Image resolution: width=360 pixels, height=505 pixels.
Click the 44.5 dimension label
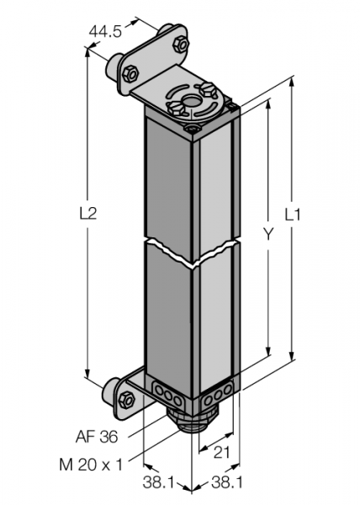pyautogui.click(x=105, y=32)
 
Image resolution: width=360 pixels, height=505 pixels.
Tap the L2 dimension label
pyautogui.click(x=88, y=213)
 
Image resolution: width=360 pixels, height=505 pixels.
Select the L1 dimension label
pyautogui.click(x=293, y=215)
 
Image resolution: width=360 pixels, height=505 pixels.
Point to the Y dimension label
pyautogui.click(x=267, y=233)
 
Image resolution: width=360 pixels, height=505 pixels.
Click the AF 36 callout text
pyautogui.click(x=97, y=437)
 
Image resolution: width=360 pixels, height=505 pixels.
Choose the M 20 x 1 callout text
pyautogui.click(x=91, y=465)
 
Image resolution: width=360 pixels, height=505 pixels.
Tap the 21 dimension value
pyautogui.click(x=222, y=453)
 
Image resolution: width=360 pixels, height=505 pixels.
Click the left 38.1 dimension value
pyautogui.click(x=159, y=483)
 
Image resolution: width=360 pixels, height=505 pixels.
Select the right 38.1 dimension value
pyautogui.click(x=227, y=483)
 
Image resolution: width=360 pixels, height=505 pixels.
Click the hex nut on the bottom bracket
pyautogui.click(x=126, y=400)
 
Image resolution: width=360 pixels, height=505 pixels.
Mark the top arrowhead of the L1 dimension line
pyautogui.click(x=292, y=81)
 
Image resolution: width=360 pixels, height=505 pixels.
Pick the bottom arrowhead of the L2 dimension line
pyautogui.click(x=87, y=373)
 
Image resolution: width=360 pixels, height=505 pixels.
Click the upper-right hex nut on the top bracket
pyautogui.click(x=180, y=45)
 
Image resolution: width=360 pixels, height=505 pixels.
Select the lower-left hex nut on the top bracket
pyautogui.click(x=130, y=73)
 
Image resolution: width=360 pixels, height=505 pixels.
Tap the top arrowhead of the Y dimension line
pyautogui.click(x=268, y=104)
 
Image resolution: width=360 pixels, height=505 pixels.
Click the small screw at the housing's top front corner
pyautogui.click(x=193, y=130)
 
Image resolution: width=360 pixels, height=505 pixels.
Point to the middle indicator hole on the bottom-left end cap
pyautogui.click(x=168, y=395)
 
